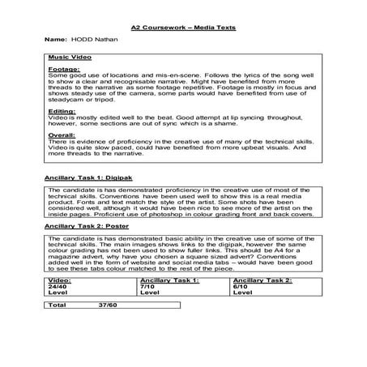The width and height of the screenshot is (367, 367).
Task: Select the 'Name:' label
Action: click(x=54, y=40)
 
